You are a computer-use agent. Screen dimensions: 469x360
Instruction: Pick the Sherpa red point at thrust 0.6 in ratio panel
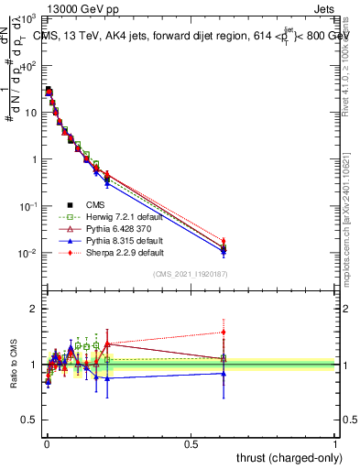coord(224,333)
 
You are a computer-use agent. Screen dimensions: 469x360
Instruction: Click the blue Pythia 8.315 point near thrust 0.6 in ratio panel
coord(224,373)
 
